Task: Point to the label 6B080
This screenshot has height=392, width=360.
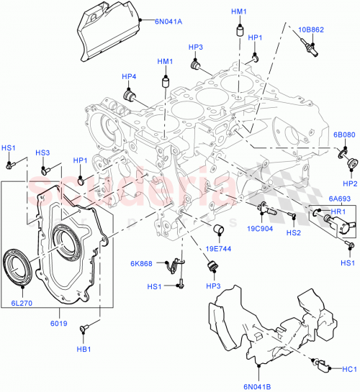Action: point(343,135)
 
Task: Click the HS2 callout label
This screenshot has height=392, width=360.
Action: point(293,232)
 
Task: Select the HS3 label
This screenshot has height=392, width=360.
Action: point(43,153)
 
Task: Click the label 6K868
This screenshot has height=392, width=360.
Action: point(141,263)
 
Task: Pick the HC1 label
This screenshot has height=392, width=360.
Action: point(350,369)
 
